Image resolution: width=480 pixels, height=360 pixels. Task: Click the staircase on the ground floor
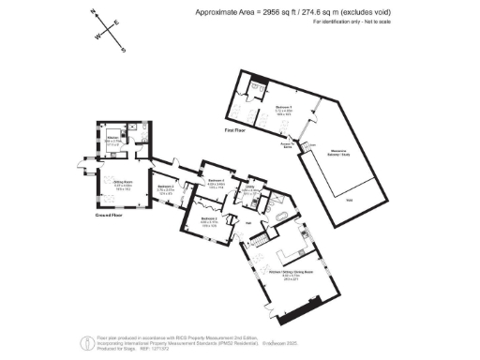[259, 244]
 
